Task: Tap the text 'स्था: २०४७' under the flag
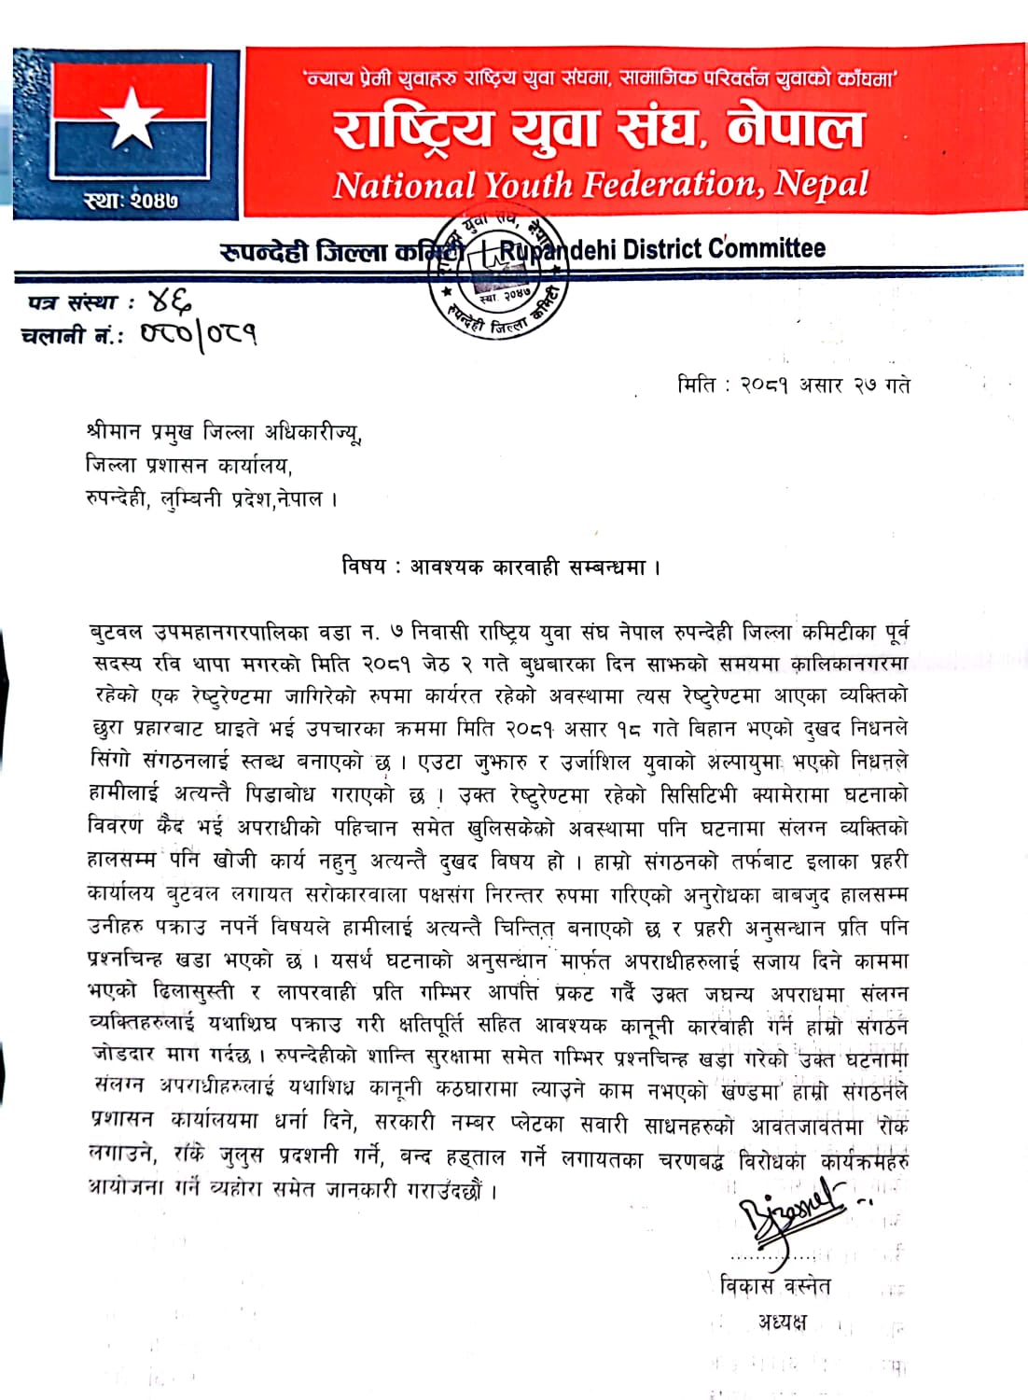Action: coord(131,200)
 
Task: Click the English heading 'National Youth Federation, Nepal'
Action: coord(601,184)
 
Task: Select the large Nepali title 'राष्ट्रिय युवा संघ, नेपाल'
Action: coord(600,128)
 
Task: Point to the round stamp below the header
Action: coord(499,278)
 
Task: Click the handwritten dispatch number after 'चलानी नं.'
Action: coord(199,334)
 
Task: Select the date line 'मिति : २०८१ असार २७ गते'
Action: coord(794,385)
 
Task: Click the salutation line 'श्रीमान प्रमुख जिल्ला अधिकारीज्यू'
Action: coord(223,432)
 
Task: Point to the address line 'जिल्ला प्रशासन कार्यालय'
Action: coord(188,465)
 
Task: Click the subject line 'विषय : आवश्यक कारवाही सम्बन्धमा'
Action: coord(501,566)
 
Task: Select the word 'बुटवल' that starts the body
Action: coord(116,632)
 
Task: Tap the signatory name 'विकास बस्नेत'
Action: coord(775,1285)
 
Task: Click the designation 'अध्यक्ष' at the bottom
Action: coord(782,1322)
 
